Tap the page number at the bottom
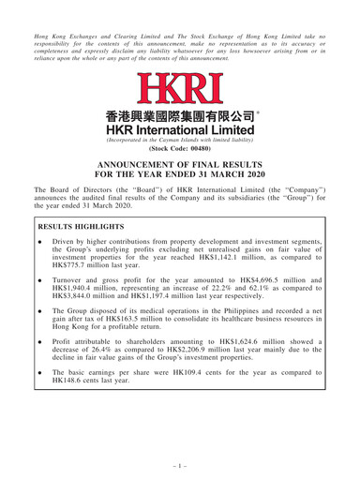click(180, 463)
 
